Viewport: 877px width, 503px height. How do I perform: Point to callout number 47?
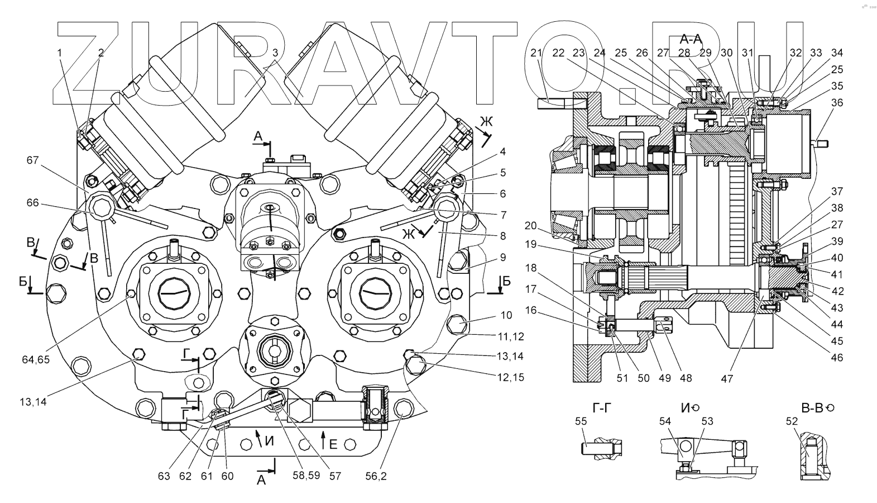tap(726, 378)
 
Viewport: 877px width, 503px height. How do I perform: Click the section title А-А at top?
tap(690, 39)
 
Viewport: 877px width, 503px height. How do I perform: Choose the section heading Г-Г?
tap(600, 408)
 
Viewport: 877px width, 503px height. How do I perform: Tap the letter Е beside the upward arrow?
tap(333, 444)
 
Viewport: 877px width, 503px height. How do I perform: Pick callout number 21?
tap(536, 53)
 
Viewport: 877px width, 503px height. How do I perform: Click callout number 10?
tap(506, 315)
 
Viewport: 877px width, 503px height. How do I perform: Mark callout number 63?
tap(164, 476)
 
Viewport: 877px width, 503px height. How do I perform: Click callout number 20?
tap(530, 225)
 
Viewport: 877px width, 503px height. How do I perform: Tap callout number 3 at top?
tap(275, 53)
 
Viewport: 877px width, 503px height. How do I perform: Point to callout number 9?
tap(503, 258)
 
